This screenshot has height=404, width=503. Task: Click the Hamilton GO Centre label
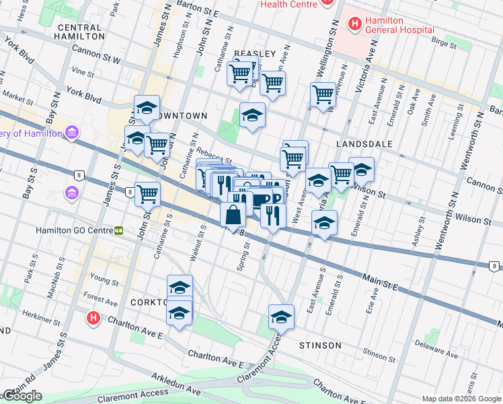(x=74, y=230)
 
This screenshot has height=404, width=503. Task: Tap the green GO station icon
(x=118, y=230)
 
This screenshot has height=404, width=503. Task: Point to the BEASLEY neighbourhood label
(x=255, y=53)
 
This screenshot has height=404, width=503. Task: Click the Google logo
(x=22, y=396)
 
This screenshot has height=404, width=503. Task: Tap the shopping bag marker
(x=233, y=215)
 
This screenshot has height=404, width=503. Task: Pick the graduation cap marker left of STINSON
(x=281, y=317)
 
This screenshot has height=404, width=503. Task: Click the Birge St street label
(x=443, y=43)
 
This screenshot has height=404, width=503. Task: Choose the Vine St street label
(x=83, y=71)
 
